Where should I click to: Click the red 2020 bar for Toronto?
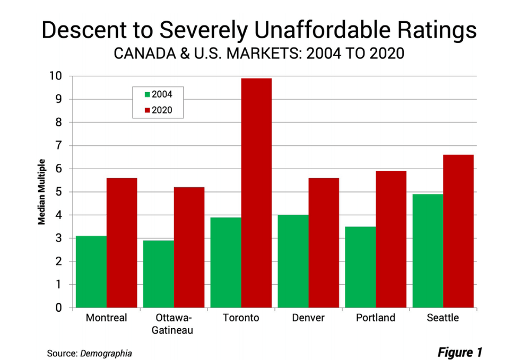(x=256, y=193)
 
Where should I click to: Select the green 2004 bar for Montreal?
(x=91, y=271)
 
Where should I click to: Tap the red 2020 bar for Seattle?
(x=458, y=231)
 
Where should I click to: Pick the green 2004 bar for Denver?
(x=293, y=261)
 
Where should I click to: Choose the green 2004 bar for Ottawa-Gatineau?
(x=158, y=274)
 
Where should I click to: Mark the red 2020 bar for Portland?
(x=391, y=239)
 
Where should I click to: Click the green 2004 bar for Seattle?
(x=428, y=251)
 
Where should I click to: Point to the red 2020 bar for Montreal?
(x=122, y=243)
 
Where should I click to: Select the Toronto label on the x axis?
(x=241, y=318)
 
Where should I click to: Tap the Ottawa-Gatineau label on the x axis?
(x=174, y=324)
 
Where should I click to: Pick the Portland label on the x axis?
(x=376, y=318)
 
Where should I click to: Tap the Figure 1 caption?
(x=460, y=352)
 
